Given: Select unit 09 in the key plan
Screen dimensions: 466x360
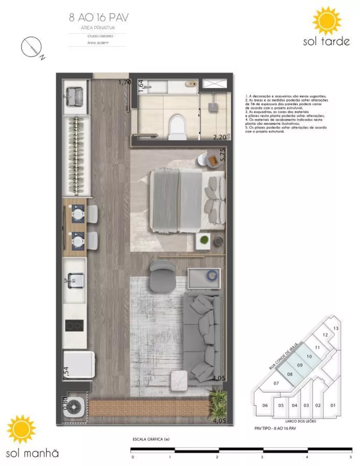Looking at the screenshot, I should point(300,365).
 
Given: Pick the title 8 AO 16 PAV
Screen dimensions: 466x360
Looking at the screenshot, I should point(98,18).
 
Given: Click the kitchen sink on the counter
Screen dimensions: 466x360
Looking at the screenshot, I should point(74,282).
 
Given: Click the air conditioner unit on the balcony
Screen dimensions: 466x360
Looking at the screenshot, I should point(74,407).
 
